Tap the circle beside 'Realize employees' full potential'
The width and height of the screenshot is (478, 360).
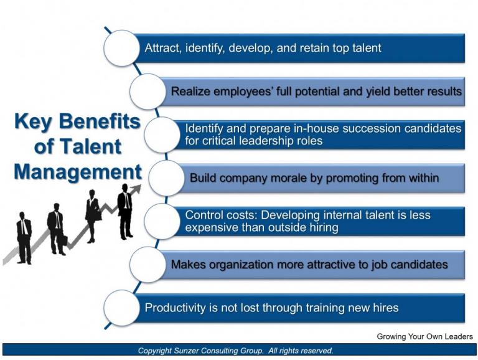[148, 92]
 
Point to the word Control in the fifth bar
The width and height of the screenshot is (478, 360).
[204, 215]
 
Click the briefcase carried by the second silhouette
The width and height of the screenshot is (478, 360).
[63, 240]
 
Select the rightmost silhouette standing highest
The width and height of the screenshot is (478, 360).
[125, 211]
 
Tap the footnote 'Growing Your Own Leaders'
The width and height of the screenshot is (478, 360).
[424, 337]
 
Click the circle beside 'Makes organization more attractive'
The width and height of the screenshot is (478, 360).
[148, 265]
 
